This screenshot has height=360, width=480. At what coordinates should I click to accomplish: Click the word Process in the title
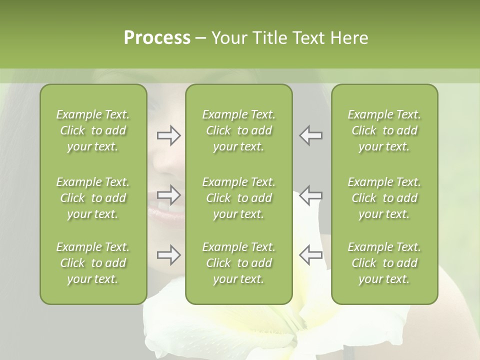click(x=157, y=38)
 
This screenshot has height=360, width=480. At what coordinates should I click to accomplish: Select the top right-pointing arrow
click(x=168, y=135)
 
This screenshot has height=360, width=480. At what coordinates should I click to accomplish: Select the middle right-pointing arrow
click(x=168, y=194)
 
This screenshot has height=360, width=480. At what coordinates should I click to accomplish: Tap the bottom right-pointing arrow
click(x=168, y=255)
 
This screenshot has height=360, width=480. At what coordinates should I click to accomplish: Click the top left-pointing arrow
click(x=310, y=135)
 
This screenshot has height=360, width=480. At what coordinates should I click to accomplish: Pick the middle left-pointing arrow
click(x=310, y=194)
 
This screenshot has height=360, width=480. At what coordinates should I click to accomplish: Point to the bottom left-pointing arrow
click(x=310, y=255)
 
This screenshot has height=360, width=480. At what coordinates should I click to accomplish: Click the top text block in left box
click(x=93, y=130)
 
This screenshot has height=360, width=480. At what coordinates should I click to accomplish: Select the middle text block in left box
click(x=93, y=198)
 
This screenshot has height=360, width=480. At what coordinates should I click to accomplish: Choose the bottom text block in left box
click(x=93, y=263)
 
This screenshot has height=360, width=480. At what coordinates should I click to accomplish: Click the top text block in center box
click(x=239, y=130)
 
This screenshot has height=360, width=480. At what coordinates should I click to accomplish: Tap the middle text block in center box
click(x=239, y=198)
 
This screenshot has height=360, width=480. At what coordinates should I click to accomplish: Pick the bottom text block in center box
click(x=239, y=263)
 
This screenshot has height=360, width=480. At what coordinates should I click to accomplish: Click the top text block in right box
click(x=384, y=130)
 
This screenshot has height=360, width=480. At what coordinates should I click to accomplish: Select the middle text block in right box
click(x=384, y=198)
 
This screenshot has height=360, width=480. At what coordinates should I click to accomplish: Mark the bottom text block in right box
click(x=384, y=263)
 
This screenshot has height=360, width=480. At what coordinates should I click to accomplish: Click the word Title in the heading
click(x=268, y=38)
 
